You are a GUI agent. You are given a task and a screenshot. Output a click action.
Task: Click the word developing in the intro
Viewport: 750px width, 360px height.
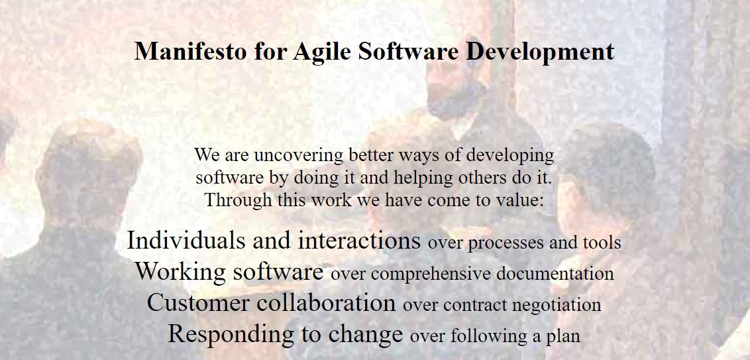click(509, 156)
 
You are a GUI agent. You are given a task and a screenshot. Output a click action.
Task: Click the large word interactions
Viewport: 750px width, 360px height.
click(359, 240)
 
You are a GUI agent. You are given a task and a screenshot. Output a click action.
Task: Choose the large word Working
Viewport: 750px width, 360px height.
click(181, 272)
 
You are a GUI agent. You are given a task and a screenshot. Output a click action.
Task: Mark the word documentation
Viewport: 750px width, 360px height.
click(555, 273)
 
